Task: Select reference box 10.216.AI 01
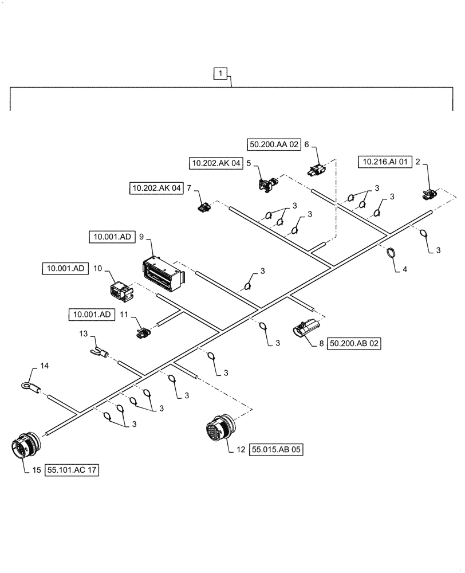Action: (x=385, y=163)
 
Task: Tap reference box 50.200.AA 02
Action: (x=274, y=144)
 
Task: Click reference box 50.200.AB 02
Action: (x=355, y=344)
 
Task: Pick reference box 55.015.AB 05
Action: (x=276, y=450)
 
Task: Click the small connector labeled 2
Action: (x=428, y=194)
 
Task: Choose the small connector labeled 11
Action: (x=142, y=332)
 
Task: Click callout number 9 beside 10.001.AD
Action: (x=141, y=236)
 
